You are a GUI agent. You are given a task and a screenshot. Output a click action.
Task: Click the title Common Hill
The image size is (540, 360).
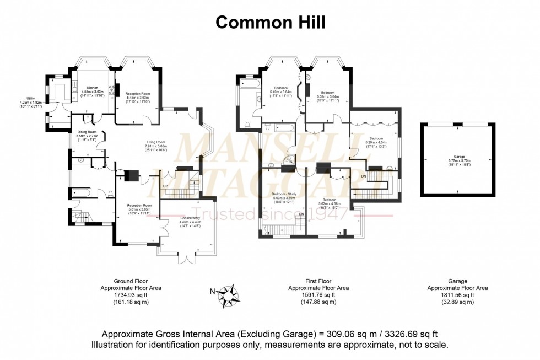(x=269, y=22)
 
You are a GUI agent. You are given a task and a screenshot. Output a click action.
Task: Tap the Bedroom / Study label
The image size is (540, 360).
(x=284, y=194)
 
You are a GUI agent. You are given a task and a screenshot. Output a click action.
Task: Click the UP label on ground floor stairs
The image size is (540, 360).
(x=165, y=186)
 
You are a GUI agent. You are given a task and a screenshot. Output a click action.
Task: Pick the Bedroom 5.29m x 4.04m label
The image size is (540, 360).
(x=376, y=139)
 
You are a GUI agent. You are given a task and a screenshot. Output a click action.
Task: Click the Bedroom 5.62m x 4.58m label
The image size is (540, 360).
(x=330, y=200)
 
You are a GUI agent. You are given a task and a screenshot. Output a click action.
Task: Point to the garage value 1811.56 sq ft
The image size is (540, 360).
(x=458, y=295)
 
